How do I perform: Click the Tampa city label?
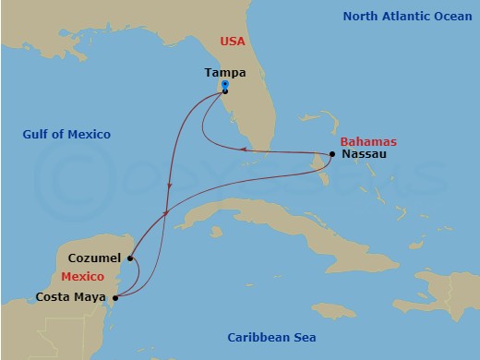coord(224,72)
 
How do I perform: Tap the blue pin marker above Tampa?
coord(225,85)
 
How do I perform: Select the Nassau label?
coord(364,154)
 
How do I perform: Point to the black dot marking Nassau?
coord(331,153)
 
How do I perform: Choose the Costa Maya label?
coord(71,296)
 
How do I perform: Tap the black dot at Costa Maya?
coord(114,297)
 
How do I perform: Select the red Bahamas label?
coord(368,141)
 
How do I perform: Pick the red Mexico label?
coord(83,277)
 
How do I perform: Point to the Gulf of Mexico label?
coord(66,135)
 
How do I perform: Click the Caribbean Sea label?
coord(271,338)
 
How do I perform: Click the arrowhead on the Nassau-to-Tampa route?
coord(242,149)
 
